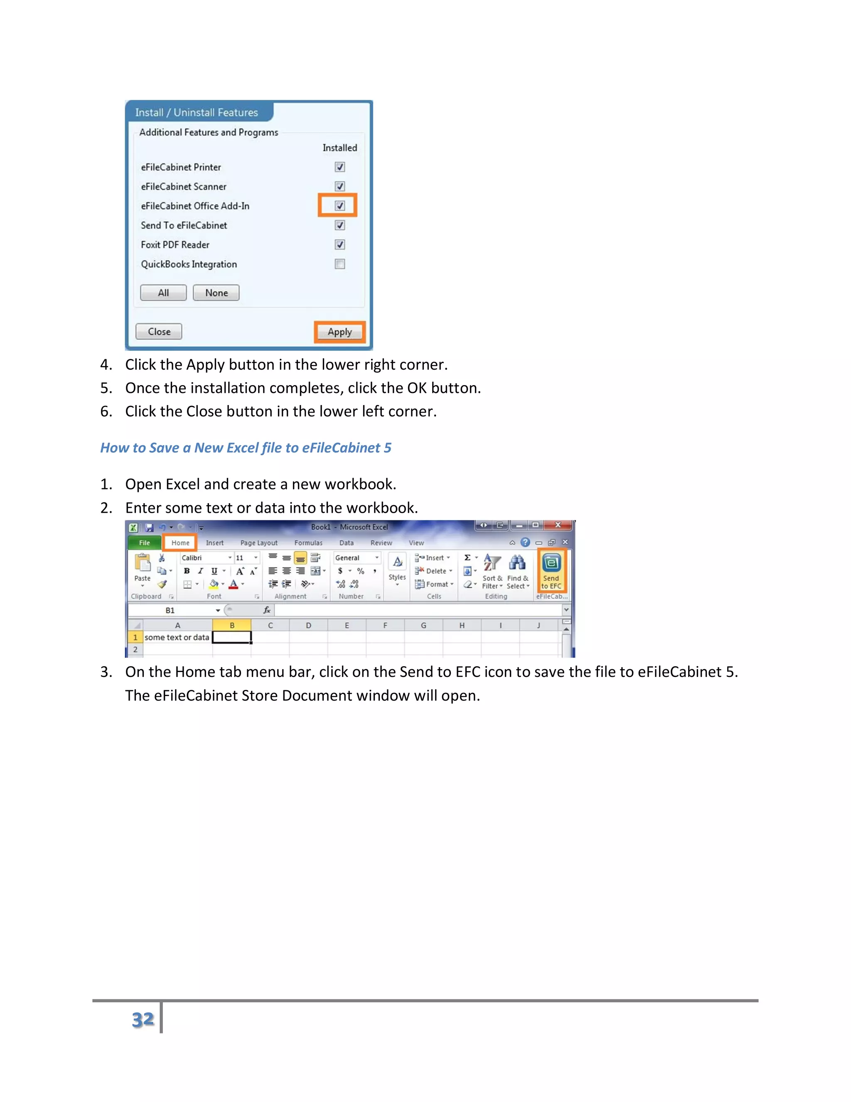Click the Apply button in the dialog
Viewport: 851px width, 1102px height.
[x=339, y=332]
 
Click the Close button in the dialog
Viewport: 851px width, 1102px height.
[x=159, y=331]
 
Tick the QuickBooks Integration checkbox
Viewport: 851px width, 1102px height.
[x=340, y=264]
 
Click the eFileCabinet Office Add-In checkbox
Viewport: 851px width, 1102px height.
[x=340, y=205]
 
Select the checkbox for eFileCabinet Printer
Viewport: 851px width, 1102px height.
[x=340, y=167]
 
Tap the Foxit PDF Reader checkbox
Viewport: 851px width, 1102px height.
[x=340, y=245]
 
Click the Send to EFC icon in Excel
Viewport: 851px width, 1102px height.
[x=551, y=570]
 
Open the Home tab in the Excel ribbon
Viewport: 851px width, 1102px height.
[x=180, y=543]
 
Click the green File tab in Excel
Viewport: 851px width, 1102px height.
[x=144, y=543]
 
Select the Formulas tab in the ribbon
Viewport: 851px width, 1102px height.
[x=308, y=543]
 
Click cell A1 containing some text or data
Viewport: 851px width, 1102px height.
[x=177, y=637]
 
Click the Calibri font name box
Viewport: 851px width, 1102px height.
[x=204, y=558]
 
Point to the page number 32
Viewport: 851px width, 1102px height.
[x=143, y=1020]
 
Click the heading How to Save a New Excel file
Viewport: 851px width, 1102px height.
[x=246, y=447]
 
